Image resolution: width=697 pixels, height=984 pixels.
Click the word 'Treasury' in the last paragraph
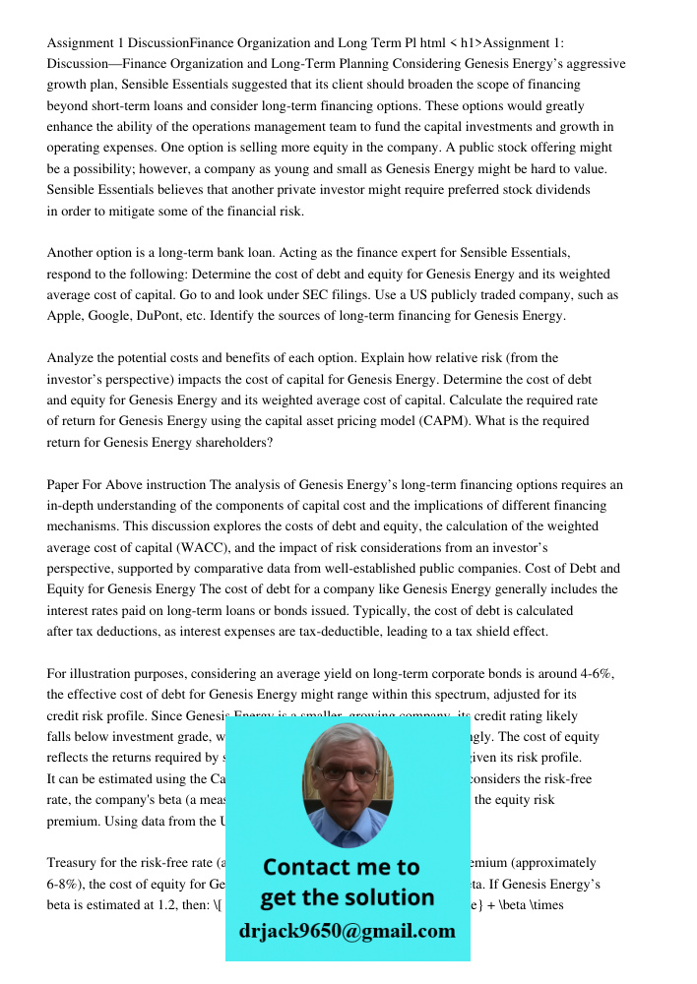point(74,862)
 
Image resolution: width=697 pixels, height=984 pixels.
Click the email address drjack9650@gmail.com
point(348,931)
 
